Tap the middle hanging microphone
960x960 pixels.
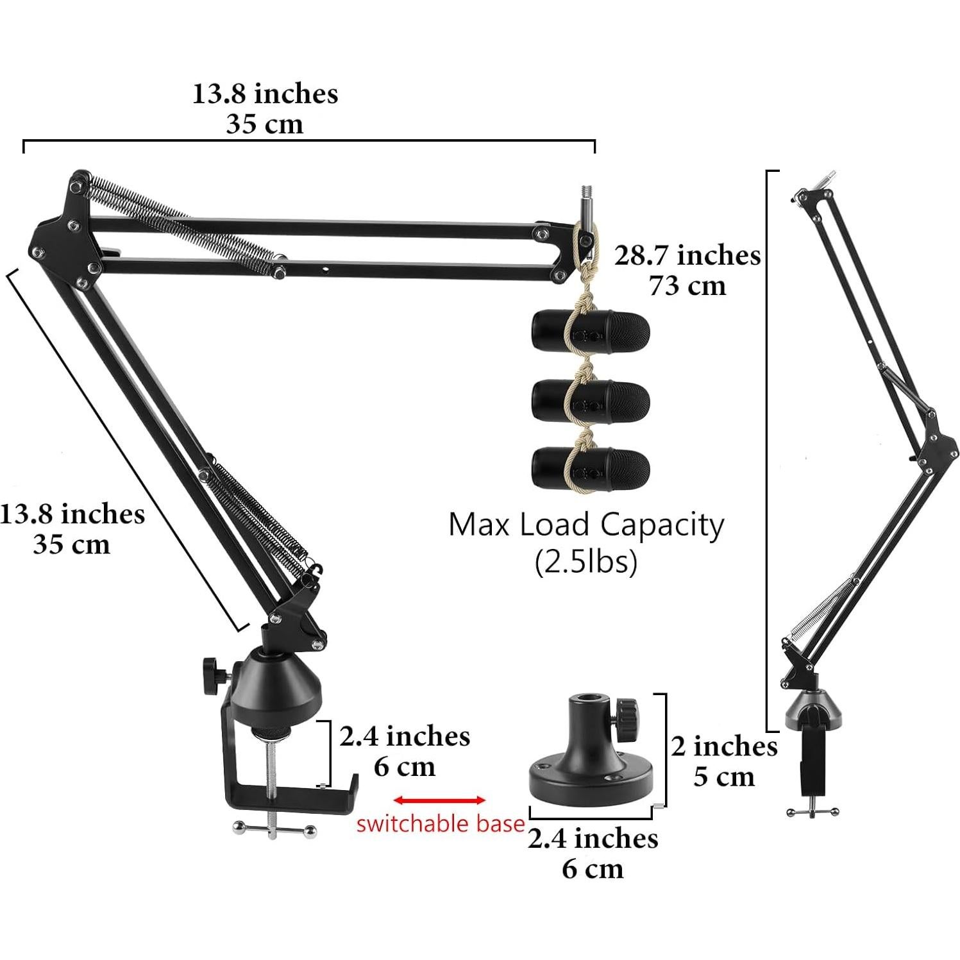click(x=591, y=401)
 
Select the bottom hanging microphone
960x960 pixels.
click(x=591, y=470)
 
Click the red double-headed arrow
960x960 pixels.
click(x=439, y=800)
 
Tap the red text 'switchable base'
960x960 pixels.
click(x=441, y=823)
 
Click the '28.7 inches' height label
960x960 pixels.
click(x=687, y=256)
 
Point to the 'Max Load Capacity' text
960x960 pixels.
click(x=585, y=525)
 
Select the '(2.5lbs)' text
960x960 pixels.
click(x=585, y=562)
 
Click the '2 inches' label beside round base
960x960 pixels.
click(x=724, y=746)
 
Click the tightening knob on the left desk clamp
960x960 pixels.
click(x=212, y=675)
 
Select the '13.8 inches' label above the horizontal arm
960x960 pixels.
click(x=265, y=94)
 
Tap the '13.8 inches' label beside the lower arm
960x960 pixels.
click(x=72, y=514)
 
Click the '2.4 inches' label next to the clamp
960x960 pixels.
click(x=405, y=736)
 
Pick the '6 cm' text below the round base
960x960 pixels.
click(x=593, y=869)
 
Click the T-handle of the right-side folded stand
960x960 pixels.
click(x=812, y=812)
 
